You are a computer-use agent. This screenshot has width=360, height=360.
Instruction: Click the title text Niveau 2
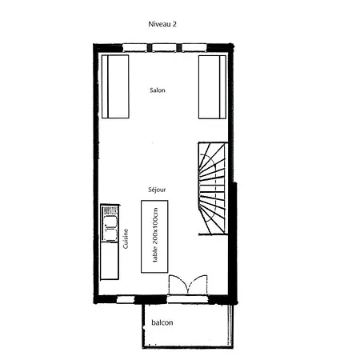162,25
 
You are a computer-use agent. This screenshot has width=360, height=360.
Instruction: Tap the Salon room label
158,90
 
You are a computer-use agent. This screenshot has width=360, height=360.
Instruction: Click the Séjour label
157,190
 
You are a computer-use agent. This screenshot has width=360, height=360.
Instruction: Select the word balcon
162,322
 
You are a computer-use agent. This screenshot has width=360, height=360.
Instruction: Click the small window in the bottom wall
126,299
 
